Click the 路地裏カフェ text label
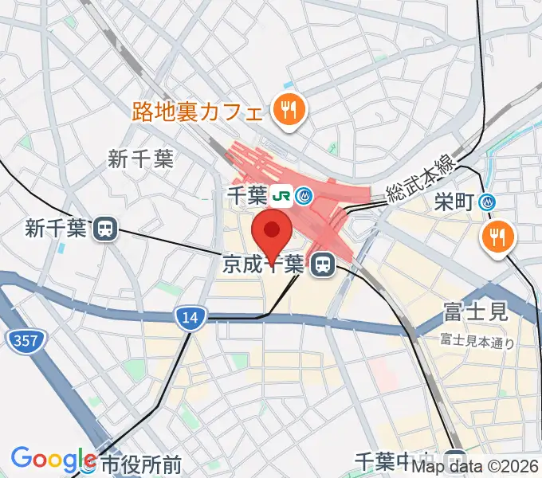(197, 110)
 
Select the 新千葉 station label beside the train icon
(54, 229)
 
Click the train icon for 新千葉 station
(104, 229)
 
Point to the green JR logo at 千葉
(279, 195)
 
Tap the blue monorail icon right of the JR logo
(304, 195)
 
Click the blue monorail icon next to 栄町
(488, 202)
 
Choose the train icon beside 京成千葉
(322, 264)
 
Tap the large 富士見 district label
(476, 311)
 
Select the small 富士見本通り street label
(477, 342)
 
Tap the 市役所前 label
(141, 463)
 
